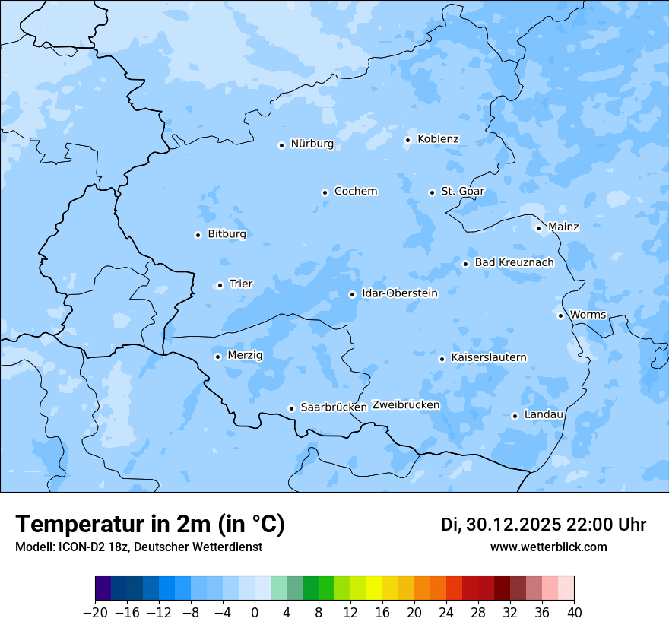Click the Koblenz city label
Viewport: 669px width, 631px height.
tap(438, 139)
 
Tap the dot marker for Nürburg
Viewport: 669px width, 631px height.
tap(281, 145)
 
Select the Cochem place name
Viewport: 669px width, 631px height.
tap(356, 192)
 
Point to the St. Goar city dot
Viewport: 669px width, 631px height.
tap(432, 192)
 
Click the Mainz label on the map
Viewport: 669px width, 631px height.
tap(563, 227)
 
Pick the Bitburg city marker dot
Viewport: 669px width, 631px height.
tap(198, 235)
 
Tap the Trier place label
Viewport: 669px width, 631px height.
tap(241, 284)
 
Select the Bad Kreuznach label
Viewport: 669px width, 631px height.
tap(514, 262)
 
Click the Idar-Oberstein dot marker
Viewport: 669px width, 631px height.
tap(352, 294)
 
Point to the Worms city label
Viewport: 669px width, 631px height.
tap(588, 315)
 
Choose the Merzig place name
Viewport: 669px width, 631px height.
tap(245, 355)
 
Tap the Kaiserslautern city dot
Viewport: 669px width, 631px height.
tap(442, 359)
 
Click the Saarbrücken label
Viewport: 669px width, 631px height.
tap(334, 407)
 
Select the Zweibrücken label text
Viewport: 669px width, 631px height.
tap(405, 405)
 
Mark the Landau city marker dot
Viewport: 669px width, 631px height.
tap(515, 416)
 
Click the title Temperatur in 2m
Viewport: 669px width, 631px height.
tap(150, 525)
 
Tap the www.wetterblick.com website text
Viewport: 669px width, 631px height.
tap(548, 547)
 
